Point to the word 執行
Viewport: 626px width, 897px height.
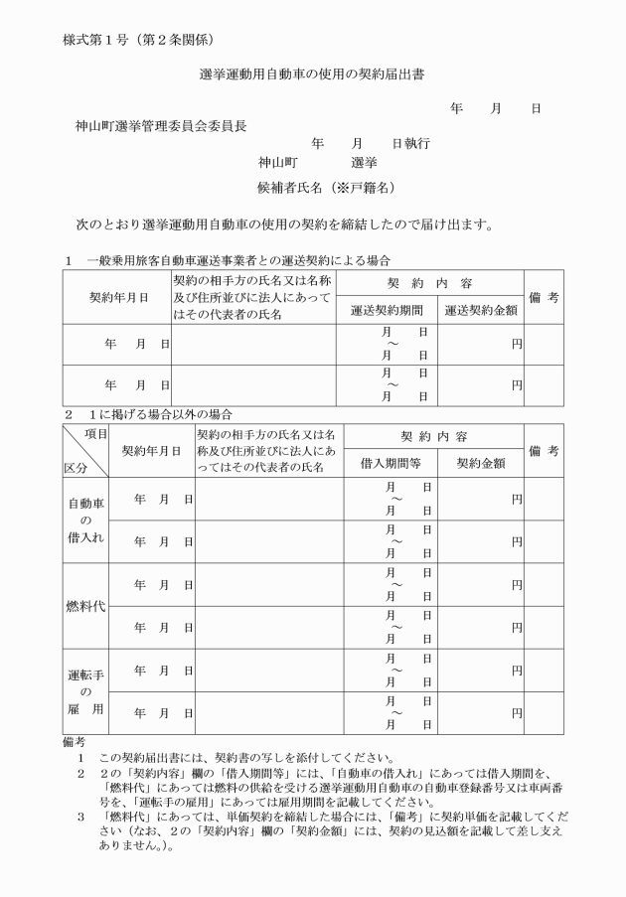417,143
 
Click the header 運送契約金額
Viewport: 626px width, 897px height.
481,310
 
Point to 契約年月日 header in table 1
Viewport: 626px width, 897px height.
118,297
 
